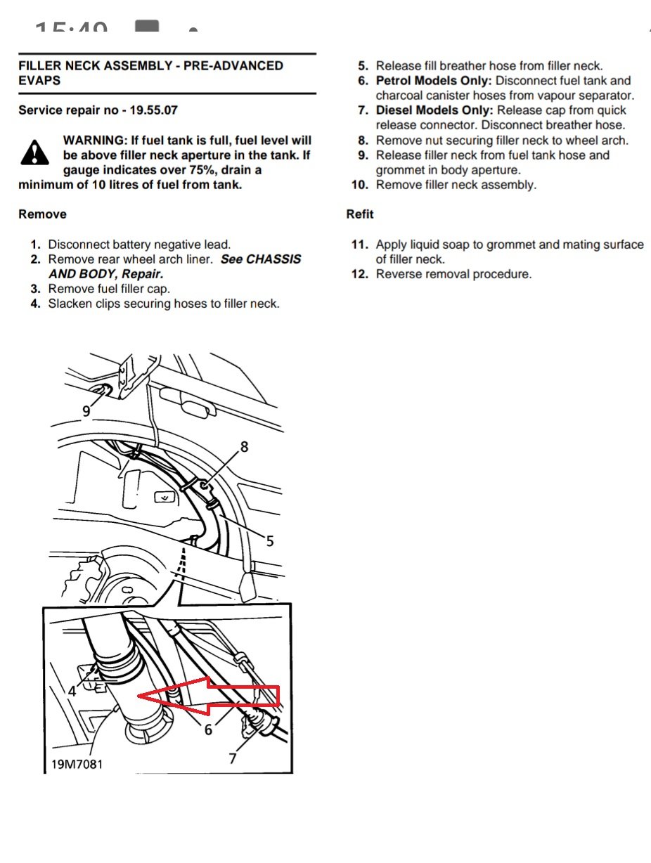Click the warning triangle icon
tap(34, 153)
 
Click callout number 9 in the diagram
tap(86, 411)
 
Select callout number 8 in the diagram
tap(244, 446)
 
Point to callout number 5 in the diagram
tap(270, 540)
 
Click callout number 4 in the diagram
tap(72, 691)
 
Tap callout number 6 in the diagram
tap(208, 730)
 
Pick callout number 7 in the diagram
tap(233, 758)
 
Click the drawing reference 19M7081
tap(77, 763)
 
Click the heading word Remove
tap(42, 214)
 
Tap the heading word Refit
tap(360, 214)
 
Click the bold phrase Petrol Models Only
tap(433, 81)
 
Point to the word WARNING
tap(94, 141)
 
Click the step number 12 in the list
tap(360, 274)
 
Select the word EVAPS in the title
tap(39, 80)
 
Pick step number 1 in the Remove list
tap(35, 245)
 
